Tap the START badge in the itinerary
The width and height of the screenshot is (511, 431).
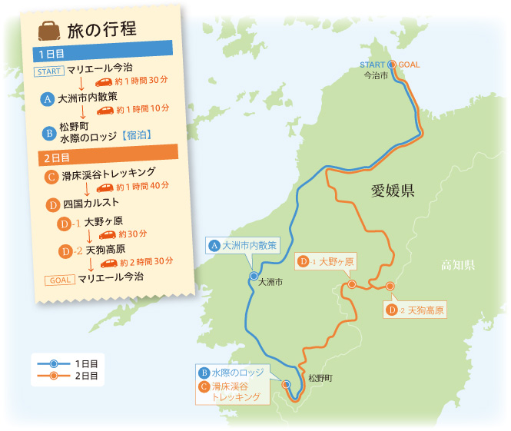pos(50,71)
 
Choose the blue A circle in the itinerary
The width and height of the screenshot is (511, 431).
pos(48,98)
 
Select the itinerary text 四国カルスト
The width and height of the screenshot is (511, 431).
pos(91,204)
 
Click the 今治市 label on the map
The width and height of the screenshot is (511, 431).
pos(376,75)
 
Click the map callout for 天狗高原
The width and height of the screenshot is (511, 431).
pos(416,310)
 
